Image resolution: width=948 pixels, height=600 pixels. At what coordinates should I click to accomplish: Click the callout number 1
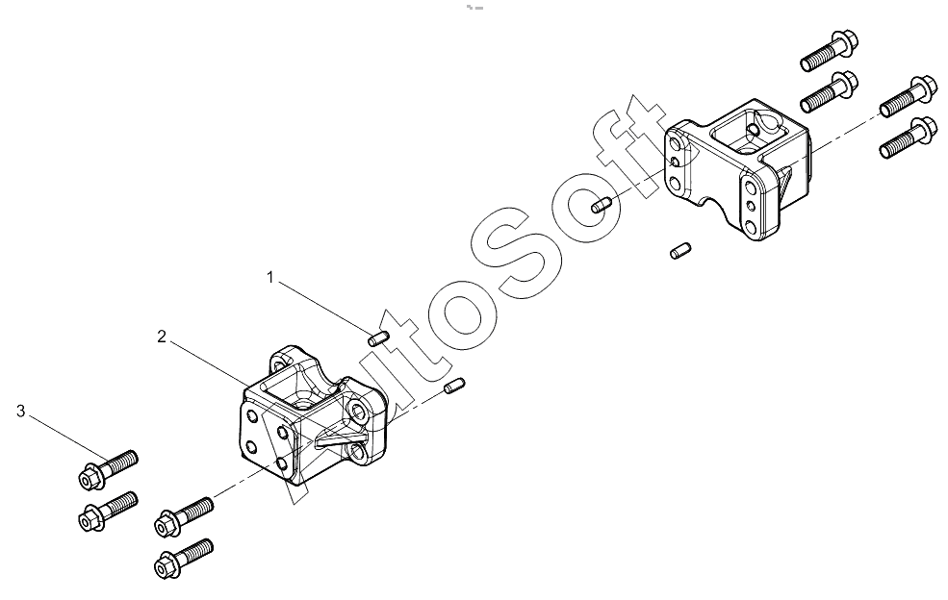point(270,277)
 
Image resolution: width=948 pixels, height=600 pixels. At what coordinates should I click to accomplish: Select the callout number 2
point(162,337)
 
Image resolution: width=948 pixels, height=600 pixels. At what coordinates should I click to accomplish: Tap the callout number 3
point(21,412)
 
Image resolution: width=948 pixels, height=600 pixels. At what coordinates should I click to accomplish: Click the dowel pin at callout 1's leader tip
point(378,337)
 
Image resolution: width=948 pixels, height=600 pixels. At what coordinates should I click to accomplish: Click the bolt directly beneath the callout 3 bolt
point(108,511)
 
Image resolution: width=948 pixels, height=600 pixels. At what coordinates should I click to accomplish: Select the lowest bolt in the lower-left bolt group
point(184,559)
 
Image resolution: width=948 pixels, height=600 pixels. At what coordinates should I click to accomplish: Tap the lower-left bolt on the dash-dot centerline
point(184,516)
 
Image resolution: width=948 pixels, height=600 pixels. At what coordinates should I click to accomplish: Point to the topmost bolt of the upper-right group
point(830,50)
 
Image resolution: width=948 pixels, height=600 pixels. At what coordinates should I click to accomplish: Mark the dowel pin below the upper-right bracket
point(680,250)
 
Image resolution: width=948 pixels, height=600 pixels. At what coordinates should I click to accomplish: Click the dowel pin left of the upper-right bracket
point(602,206)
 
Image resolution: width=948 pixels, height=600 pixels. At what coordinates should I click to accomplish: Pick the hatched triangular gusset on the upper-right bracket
point(785,182)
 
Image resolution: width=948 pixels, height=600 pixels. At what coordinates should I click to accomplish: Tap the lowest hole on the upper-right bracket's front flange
point(751,227)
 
